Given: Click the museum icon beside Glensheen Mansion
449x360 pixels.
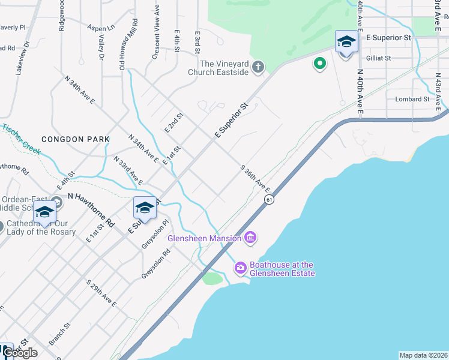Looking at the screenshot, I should (250, 238).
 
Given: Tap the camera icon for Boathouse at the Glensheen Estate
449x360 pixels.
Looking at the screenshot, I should (241, 268).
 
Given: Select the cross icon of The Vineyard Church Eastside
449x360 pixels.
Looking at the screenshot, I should (258, 66).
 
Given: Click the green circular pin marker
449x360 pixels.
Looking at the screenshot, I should (319, 63).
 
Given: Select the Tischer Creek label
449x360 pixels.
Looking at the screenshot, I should (21, 139).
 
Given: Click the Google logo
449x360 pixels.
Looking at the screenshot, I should (19, 352).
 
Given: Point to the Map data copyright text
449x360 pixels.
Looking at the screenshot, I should (423, 355).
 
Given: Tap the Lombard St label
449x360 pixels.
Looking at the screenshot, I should (412, 99).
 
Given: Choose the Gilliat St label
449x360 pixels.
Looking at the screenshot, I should (378, 58).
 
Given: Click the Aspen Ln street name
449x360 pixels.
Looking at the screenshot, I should (100, 28).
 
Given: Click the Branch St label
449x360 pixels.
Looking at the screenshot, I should (59, 334).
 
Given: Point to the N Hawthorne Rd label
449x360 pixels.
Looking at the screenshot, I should (91, 209).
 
